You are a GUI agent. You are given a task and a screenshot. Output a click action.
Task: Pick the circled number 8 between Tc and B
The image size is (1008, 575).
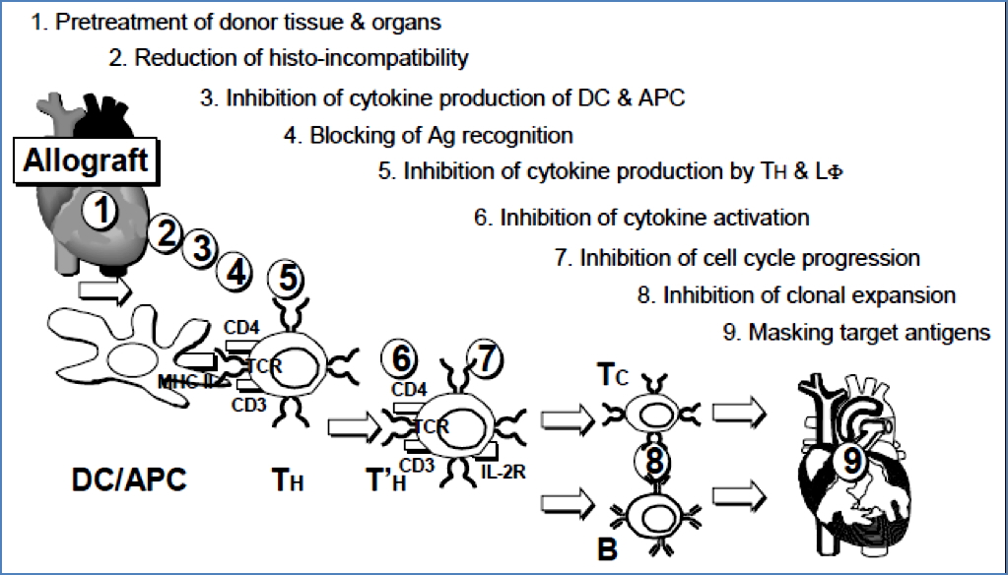[x=655, y=460]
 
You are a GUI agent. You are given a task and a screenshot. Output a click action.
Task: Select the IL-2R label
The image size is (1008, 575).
[x=504, y=471]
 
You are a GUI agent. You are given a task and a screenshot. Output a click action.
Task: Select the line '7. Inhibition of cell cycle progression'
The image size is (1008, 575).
[x=737, y=258]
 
